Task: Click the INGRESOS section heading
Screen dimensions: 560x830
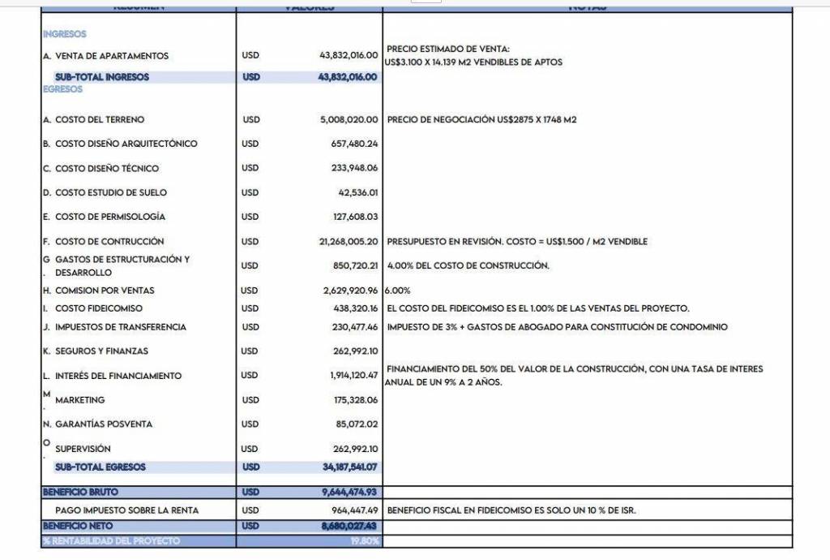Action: pyautogui.click(x=65, y=34)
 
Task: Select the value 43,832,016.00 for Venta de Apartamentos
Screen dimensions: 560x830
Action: pyautogui.click(x=349, y=55)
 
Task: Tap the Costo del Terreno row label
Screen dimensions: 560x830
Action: pyautogui.click(x=99, y=119)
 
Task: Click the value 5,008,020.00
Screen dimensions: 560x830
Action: pyautogui.click(x=349, y=119)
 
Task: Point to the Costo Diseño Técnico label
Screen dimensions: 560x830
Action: pyautogui.click(x=106, y=168)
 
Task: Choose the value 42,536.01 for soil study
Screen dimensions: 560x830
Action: pyautogui.click(x=358, y=192)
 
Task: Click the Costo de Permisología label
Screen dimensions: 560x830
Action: pyautogui.click(x=109, y=217)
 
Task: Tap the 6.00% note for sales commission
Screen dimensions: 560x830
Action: pyautogui.click(x=397, y=290)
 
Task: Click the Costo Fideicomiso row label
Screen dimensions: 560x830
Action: pyautogui.click(x=98, y=308)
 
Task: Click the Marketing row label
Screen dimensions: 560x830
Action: pyautogui.click(x=79, y=400)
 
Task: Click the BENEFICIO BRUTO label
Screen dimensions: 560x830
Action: pyautogui.click(x=80, y=492)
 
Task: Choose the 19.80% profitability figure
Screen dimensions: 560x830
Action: pyautogui.click(x=364, y=541)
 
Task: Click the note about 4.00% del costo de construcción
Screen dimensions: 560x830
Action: pyautogui.click(x=468, y=265)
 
